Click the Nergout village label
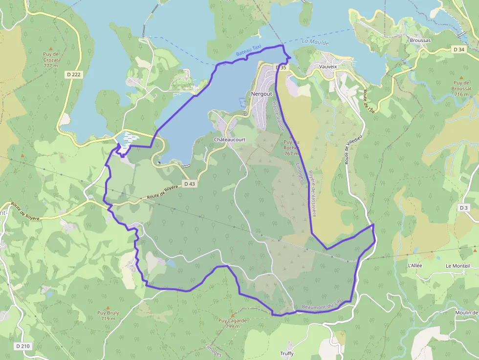[x=261, y=93]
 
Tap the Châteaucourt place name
[x=230, y=139]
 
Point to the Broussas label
[x=420, y=40]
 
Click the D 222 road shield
[x=72, y=74]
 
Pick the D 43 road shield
[x=190, y=184]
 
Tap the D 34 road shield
[x=458, y=49]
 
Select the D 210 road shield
[x=22, y=346]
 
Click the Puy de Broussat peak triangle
[x=461, y=77]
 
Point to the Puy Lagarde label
[x=233, y=320]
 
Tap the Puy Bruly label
[x=108, y=313]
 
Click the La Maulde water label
[x=315, y=42]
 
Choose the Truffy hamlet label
[x=287, y=354]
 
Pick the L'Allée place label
[x=414, y=265]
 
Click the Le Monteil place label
[x=457, y=265]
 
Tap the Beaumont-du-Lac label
[x=324, y=305]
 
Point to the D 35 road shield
[x=280, y=67]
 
